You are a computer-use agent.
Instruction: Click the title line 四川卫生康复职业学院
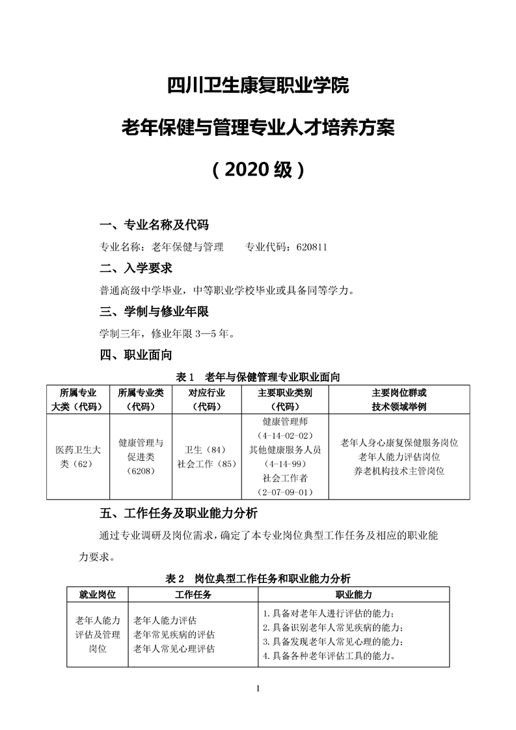click(x=258, y=85)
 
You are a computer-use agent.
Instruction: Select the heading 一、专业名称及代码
click(x=154, y=226)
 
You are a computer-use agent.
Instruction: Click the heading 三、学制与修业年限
click(x=154, y=312)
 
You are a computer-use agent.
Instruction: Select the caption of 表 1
click(x=258, y=377)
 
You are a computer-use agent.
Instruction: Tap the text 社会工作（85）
click(x=206, y=464)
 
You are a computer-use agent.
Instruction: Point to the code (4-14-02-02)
click(x=285, y=435)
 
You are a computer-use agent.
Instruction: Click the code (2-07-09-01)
click(x=285, y=492)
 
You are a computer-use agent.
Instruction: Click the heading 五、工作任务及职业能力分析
click(x=179, y=511)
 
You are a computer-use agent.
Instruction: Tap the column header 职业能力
click(x=353, y=594)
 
